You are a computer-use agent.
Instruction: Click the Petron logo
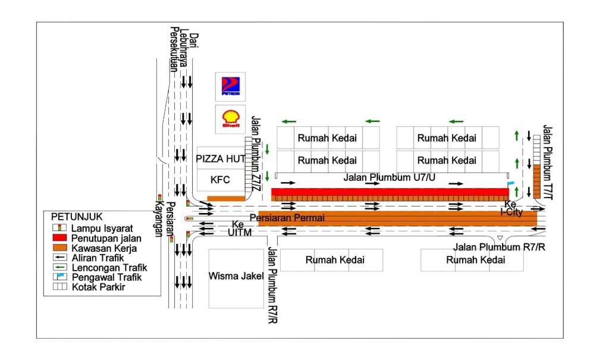(230, 87)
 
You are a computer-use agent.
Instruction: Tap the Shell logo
(230, 119)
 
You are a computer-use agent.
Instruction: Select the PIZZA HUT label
(221, 159)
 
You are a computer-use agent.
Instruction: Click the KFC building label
(221, 179)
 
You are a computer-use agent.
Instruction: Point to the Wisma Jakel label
(236, 276)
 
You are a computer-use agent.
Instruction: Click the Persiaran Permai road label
(287, 218)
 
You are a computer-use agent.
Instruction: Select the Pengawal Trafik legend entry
(106, 277)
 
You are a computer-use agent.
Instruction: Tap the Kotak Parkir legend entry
(98, 287)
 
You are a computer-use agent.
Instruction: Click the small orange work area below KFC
(226, 199)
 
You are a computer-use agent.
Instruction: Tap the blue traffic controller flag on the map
(511, 183)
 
